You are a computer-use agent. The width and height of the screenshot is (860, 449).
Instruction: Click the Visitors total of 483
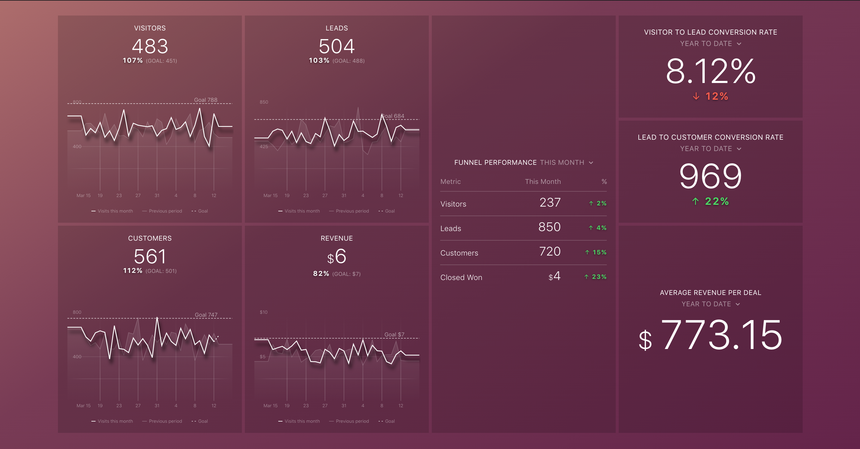150,46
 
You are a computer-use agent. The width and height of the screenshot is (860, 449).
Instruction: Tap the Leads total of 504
337,46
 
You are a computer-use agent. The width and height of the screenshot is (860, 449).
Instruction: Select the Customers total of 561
150,256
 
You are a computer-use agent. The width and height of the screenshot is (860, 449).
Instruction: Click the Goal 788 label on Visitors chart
206,100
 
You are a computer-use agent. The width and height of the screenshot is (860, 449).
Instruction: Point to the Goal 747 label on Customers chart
206,315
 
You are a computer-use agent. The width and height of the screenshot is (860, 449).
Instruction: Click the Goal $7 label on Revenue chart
394,334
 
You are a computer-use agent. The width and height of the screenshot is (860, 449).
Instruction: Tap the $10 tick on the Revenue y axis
263,312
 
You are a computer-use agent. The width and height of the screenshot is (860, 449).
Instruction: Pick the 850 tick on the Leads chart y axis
264,102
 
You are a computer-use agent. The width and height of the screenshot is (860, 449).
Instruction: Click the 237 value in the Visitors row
550,203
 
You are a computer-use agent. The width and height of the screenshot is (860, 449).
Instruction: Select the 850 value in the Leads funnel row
549,227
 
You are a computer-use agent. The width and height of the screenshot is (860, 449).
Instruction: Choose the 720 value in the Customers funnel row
549,251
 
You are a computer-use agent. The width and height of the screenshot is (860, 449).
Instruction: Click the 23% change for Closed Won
599,277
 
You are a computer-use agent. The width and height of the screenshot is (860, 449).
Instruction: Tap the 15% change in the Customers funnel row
599,252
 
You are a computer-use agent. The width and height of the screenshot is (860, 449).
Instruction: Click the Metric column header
450,182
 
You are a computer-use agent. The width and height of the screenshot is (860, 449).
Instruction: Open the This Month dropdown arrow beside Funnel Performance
591,163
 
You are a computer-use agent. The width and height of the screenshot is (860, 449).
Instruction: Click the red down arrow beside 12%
696,96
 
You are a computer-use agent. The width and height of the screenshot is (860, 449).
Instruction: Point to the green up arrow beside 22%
695,201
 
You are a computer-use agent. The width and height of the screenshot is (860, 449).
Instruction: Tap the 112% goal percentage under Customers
133,271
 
